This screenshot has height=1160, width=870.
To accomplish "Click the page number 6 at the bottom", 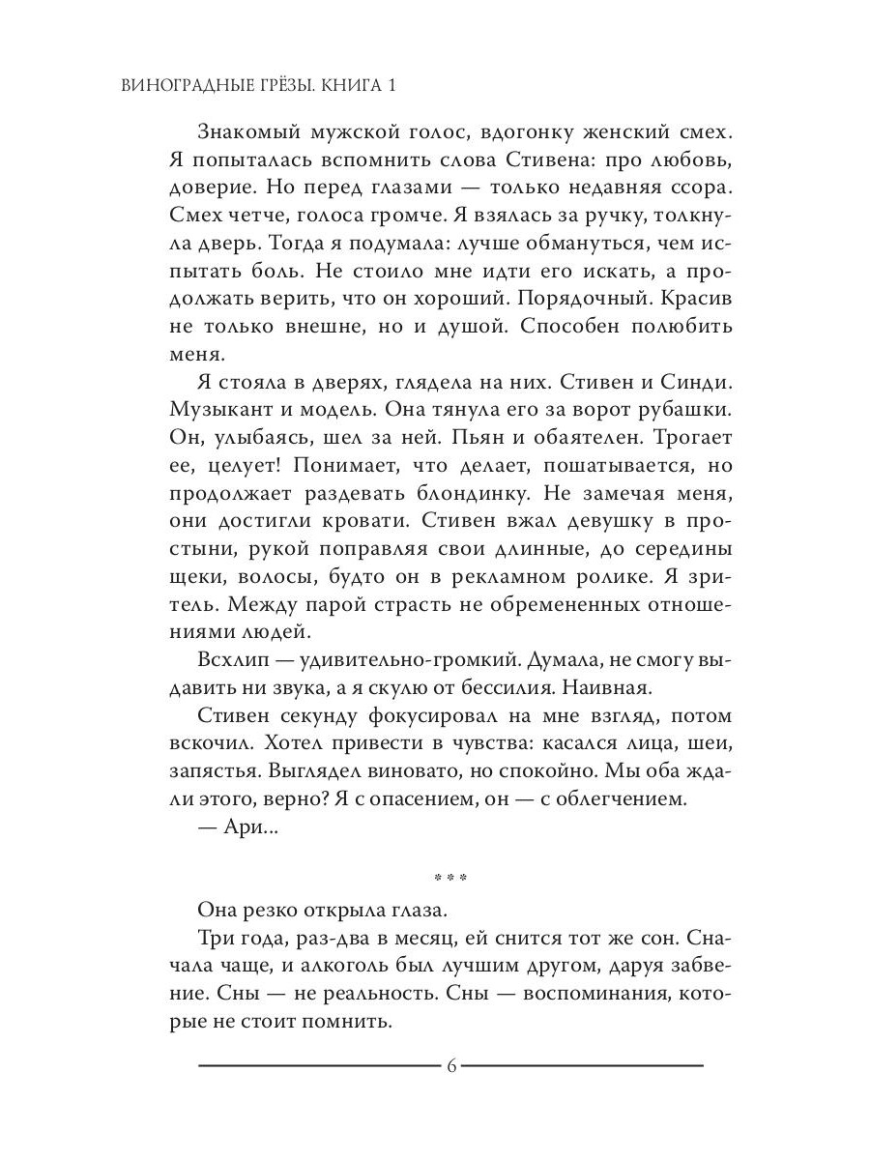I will (x=451, y=1066).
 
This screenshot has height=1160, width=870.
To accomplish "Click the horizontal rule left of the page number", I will (x=319, y=1066).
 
